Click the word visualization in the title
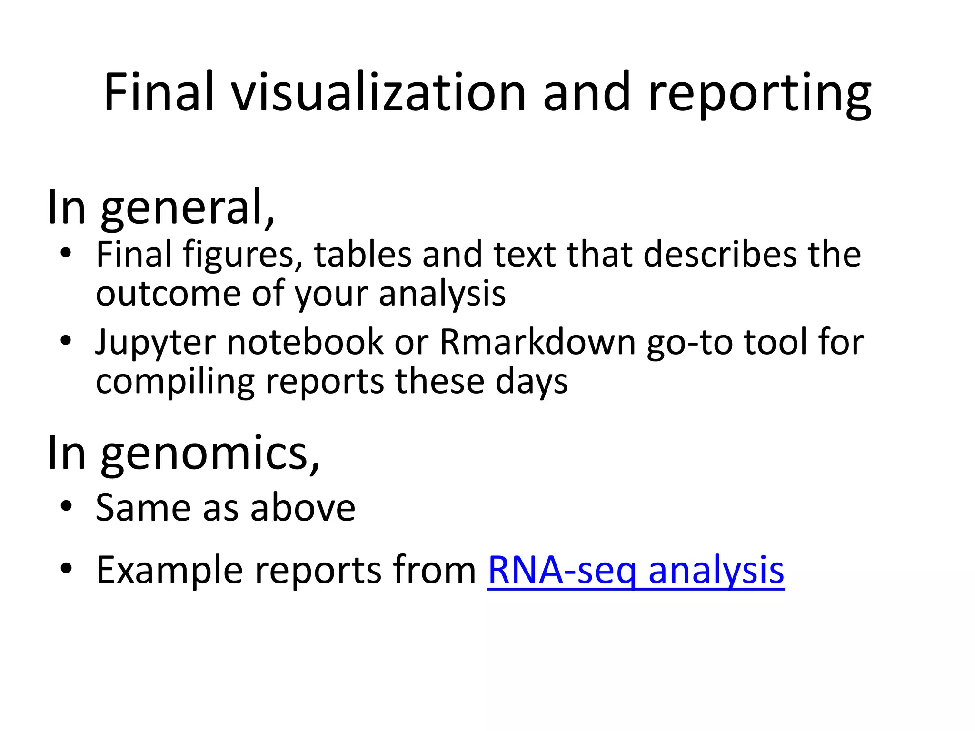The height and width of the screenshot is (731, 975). [x=379, y=92]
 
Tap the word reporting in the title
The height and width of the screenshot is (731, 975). [x=759, y=93]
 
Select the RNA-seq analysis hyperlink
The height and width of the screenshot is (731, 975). [x=636, y=570]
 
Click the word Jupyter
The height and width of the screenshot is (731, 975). [x=155, y=343]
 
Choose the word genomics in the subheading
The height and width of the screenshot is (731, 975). [x=210, y=453]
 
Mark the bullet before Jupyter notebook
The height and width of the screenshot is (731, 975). [x=66, y=341]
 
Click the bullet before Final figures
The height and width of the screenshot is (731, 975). [x=66, y=253]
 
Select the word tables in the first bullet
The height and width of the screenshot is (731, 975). [x=363, y=254]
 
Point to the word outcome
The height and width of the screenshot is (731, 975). [x=168, y=294]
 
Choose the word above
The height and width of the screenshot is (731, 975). [x=303, y=508]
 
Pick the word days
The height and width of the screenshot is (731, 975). [x=531, y=382]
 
